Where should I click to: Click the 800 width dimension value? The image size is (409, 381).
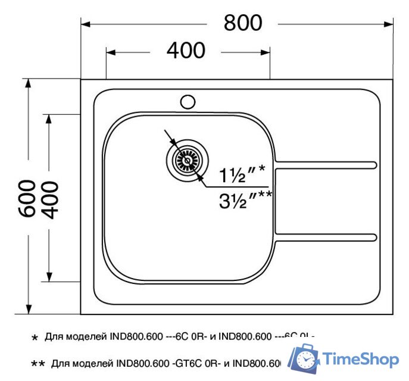pos(243,23)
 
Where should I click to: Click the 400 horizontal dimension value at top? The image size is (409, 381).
pos(186,51)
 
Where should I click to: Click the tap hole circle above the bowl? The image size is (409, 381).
pos(188,102)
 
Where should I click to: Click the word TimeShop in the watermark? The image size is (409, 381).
pos(361,360)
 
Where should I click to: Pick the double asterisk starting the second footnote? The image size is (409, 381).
pos(38,363)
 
